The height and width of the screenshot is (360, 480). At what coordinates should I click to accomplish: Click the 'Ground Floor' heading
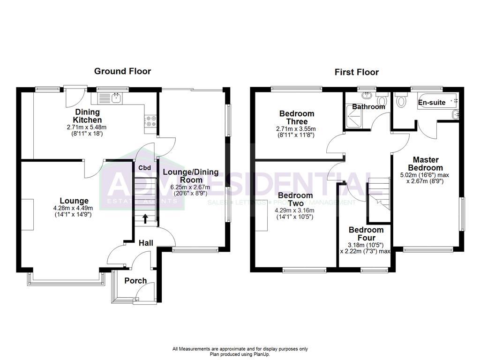(x=122, y=71)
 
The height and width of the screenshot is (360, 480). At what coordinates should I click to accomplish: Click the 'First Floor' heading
(x=356, y=72)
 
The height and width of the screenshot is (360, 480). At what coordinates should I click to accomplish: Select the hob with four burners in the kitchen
(x=151, y=121)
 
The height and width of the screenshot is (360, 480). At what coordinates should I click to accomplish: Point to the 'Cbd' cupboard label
(x=144, y=168)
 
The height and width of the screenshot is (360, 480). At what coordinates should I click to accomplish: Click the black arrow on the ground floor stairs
(x=145, y=217)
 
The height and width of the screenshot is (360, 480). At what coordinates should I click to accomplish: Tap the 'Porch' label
(x=135, y=281)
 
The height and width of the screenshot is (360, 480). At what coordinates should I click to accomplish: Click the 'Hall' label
(x=147, y=243)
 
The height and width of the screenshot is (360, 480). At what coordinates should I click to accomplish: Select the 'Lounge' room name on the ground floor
(x=74, y=201)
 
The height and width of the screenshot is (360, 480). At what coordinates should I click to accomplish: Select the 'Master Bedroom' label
(x=425, y=164)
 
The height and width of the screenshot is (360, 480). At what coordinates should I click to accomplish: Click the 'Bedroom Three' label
(x=297, y=117)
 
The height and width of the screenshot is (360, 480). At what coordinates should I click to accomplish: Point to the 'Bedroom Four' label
(x=366, y=233)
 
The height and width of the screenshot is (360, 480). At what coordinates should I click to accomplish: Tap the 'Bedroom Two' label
(x=295, y=199)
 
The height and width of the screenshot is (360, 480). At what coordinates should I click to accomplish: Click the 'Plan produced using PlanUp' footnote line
(x=240, y=354)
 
